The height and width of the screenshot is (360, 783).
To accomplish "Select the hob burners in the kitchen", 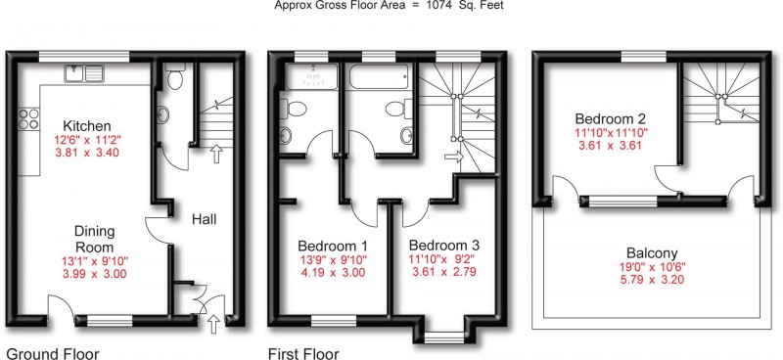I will point(28,119).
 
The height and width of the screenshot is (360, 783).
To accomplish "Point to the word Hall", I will point(204,220).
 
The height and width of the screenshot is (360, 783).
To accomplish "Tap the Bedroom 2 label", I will point(609,118).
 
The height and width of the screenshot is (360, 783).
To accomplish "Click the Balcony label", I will point(650,249).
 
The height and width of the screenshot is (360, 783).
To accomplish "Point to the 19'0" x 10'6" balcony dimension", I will point(649,265).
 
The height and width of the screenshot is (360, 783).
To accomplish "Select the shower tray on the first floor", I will point(306,80).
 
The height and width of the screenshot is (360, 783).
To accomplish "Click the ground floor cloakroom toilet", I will point(175,75).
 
